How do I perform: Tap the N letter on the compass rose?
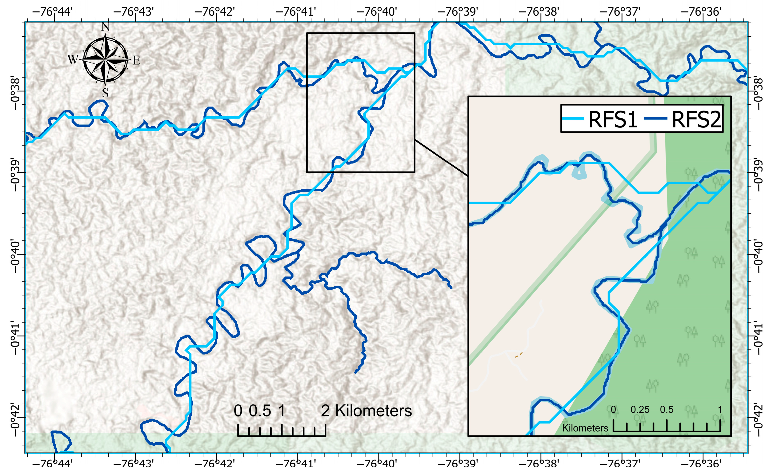pos(105,27)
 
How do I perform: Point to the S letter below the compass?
pos(105,93)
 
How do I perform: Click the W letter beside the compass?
pos(73,59)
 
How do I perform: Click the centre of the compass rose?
pos(105,59)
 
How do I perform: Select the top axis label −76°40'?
pos(377,12)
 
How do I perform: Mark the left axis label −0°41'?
pos(15,337)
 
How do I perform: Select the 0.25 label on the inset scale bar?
pos(640,409)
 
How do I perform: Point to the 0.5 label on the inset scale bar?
pos(667,409)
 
